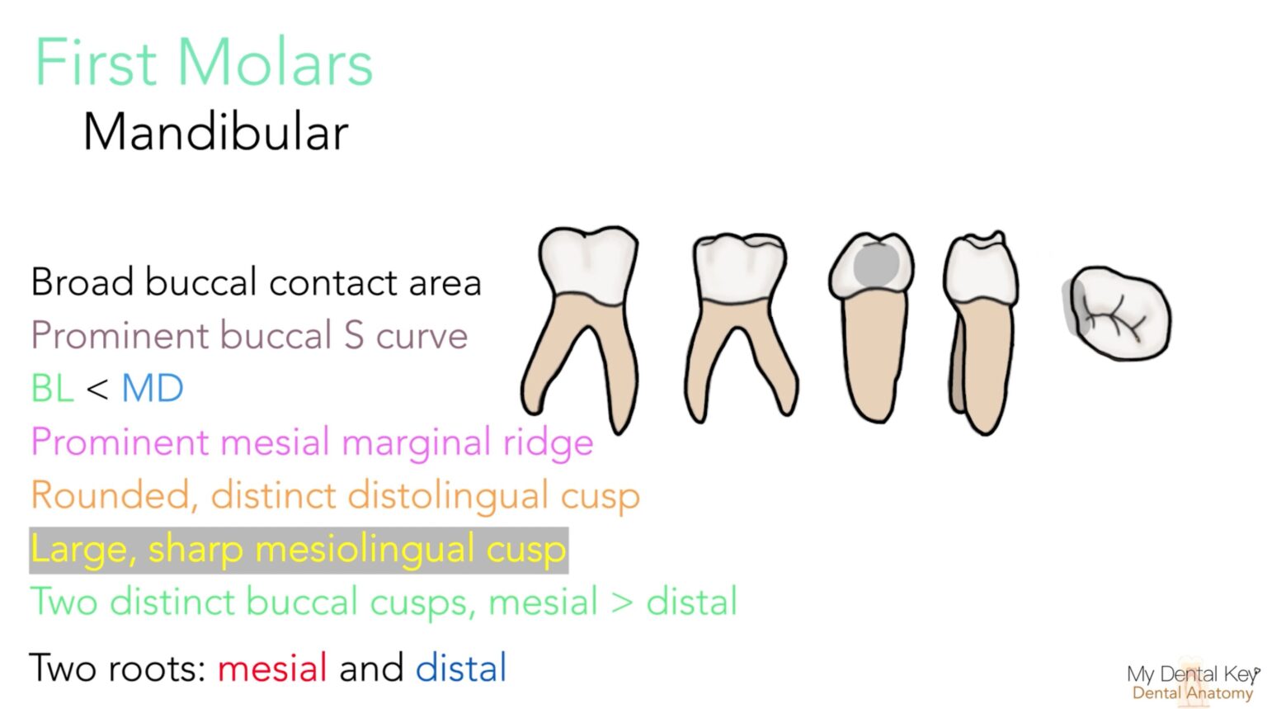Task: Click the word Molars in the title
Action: [x=276, y=64]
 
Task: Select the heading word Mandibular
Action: [x=216, y=133]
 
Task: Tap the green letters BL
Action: [x=53, y=389]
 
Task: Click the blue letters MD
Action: [x=153, y=389]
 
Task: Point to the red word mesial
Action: [x=272, y=668]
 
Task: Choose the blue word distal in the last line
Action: [x=461, y=668]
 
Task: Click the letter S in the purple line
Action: [x=354, y=336]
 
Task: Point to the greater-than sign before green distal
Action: [x=622, y=603]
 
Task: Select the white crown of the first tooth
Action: [x=587, y=264]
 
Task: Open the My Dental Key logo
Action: [x=1192, y=683]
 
